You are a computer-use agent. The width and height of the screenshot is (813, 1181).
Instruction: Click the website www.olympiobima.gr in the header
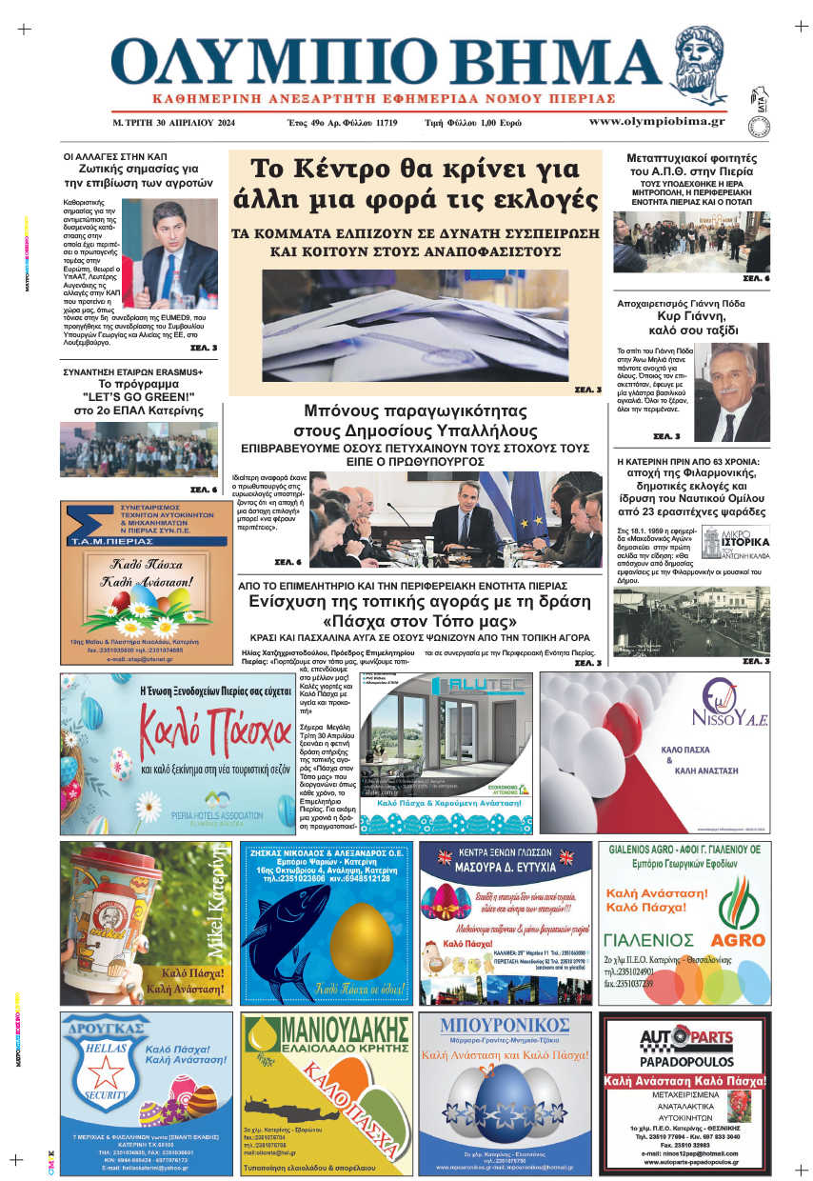tap(656, 122)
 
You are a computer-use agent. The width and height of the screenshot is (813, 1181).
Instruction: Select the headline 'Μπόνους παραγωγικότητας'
tap(415, 411)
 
